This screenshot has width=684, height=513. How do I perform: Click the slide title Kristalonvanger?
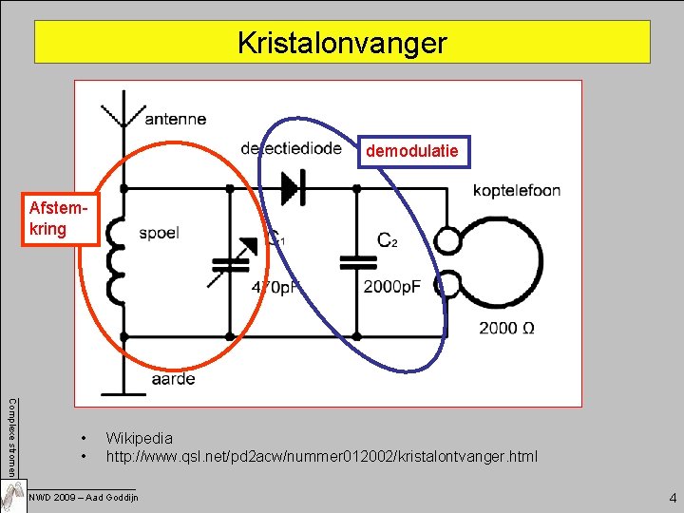click(x=342, y=43)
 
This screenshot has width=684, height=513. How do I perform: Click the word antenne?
click(x=175, y=119)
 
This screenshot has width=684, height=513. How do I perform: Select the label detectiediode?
click(x=291, y=148)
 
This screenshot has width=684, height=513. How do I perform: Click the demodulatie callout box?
click(x=412, y=151)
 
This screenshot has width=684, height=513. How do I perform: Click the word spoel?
click(x=159, y=232)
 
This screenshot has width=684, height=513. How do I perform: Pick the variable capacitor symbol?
click(x=231, y=260)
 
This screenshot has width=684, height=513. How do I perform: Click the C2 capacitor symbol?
click(x=356, y=260)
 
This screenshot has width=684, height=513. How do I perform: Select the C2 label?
click(x=387, y=240)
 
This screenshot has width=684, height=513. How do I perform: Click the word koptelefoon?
click(x=516, y=191)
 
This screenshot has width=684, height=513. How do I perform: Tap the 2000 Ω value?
click(x=505, y=328)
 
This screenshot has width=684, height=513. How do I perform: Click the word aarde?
click(x=173, y=378)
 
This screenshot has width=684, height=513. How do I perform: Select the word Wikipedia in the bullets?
click(x=140, y=438)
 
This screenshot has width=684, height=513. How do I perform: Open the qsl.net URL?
click(x=321, y=457)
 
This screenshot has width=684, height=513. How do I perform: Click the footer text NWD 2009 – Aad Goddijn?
click(x=84, y=497)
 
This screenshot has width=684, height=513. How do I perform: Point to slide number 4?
click(x=672, y=496)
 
